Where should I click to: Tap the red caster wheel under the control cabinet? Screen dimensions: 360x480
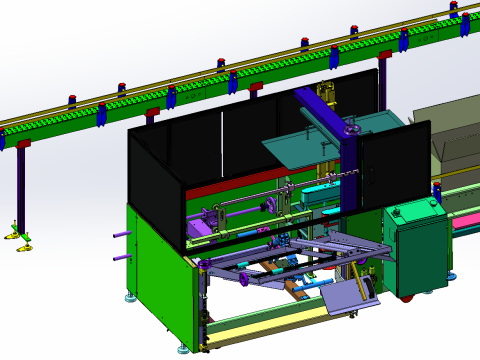[407, 295]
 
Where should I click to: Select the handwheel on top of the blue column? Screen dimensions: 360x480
[352, 129]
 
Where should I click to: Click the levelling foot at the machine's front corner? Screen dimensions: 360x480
[182, 348]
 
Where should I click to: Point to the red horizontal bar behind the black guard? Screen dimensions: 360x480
[230, 188]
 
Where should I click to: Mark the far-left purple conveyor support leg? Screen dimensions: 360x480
[20, 190]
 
